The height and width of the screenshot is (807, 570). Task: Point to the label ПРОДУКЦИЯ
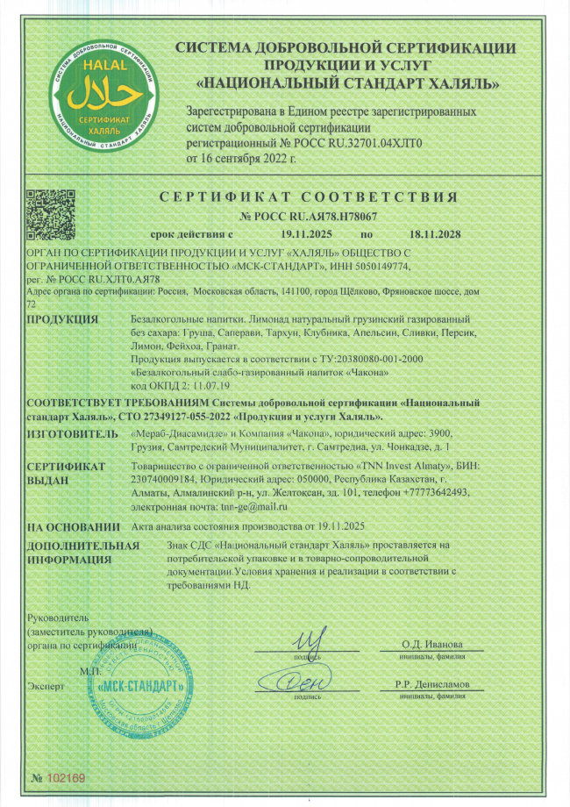(62, 318)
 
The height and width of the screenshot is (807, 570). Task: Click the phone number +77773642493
(442, 493)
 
